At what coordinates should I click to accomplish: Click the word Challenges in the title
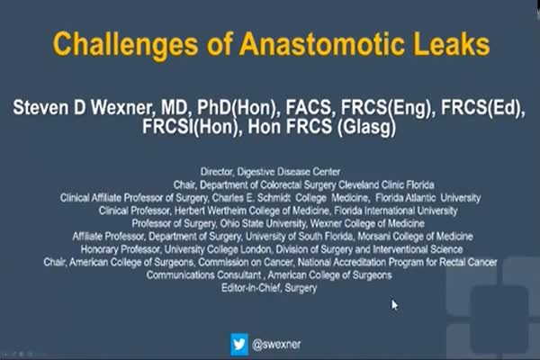pos(125,45)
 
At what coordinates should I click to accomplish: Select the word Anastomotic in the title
pos(322,44)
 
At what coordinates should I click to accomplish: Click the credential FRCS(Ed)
pos(482,108)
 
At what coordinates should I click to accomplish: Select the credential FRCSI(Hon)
pos(191,127)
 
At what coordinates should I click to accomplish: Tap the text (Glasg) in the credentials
pos(367,128)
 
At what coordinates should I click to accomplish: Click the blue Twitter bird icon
pos(239,344)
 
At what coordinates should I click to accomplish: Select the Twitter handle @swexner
pos(276,344)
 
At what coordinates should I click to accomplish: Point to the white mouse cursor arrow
pos(395,305)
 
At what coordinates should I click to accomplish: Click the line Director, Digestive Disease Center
pos(270,172)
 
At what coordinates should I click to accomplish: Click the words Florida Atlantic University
pos(428,198)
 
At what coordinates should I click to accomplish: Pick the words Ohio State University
pos(263,223)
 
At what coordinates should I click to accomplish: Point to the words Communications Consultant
pos(203,274)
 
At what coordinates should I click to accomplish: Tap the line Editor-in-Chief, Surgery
pos(269,288)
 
